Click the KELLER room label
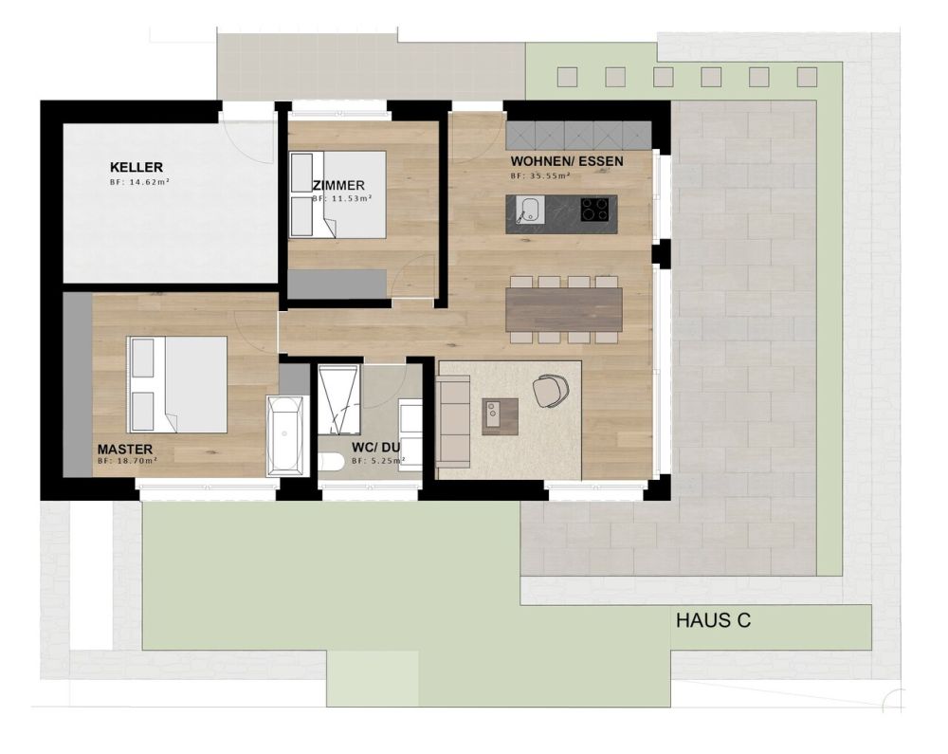coord(137,168)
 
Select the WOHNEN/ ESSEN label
coord(566,161)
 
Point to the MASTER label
coord(125,449)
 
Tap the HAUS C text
coord(714,621)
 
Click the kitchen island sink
coord(527,208)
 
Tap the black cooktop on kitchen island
coord(593,208)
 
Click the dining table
coord(564,309)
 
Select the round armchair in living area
coord(551,390)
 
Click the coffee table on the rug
coord(500,415)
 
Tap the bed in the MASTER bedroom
coord(178,384)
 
